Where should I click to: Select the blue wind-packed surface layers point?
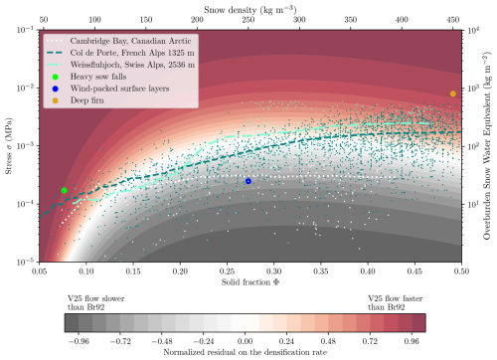[x=248, y=181]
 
